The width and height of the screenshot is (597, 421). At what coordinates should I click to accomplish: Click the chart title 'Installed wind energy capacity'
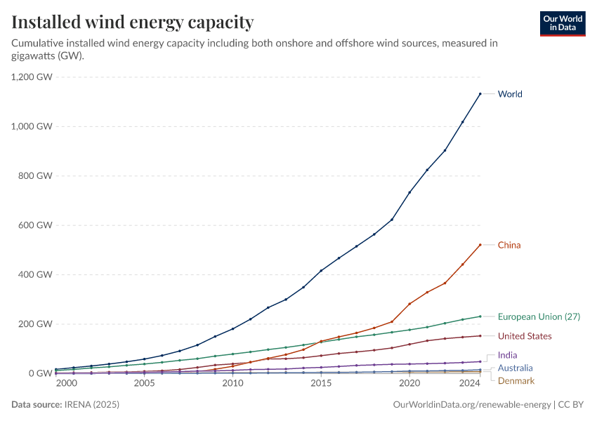(133, 22)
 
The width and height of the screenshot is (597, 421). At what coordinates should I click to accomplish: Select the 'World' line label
(510, 94)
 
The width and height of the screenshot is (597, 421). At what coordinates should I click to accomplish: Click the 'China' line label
(509, 245)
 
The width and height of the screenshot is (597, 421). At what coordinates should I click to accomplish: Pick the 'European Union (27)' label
(539, 316)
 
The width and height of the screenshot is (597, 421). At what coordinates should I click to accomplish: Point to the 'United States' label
(525, 336)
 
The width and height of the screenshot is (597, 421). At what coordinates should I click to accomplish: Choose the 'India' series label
(507, 355)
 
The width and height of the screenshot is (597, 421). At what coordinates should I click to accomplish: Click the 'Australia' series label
(515, 368)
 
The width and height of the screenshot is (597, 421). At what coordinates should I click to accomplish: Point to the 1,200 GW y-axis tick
(32, 77)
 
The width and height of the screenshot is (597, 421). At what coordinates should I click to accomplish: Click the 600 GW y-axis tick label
(36, 225)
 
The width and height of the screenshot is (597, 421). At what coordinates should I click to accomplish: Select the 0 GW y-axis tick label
(40, 373)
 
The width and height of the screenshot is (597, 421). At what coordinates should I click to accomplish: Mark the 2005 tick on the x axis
(144, 384)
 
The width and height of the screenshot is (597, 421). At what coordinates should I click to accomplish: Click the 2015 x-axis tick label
(321, 384)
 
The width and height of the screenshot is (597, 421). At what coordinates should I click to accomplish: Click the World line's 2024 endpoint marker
(480, 93)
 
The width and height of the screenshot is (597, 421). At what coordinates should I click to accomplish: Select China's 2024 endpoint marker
(480, 245)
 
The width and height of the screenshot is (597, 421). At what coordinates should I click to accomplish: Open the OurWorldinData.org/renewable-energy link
(473, 405)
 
